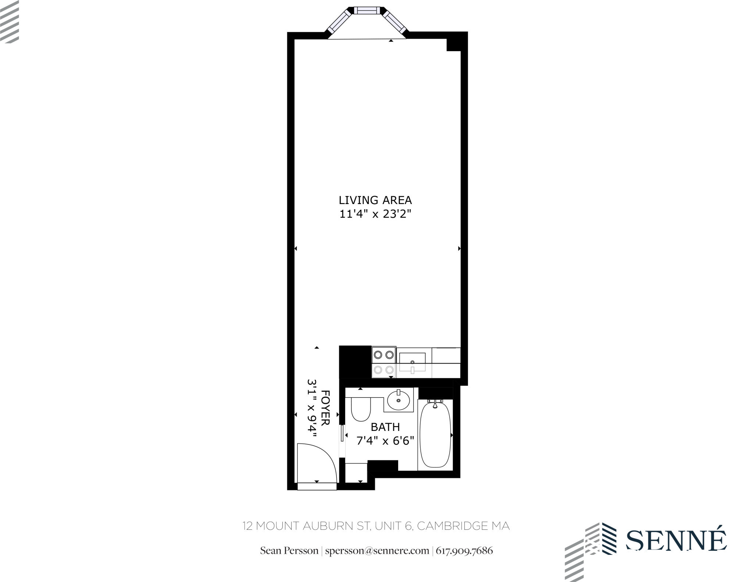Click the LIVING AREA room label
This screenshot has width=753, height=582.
tap(375, 200)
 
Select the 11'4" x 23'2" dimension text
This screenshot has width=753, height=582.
tap(375, 214)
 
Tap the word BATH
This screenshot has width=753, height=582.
tap(385, 427)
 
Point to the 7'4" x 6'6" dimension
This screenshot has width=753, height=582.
tap(385, 440)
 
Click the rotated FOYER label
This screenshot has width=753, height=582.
tap(325, 408)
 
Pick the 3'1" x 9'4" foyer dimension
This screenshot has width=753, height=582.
tap(312, 408)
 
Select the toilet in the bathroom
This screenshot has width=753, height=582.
tap(360, 410)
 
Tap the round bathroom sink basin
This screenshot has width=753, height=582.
tap(399, 400)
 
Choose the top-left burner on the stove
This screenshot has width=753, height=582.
tap(378, 355)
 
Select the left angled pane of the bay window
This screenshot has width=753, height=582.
tap(340, 21)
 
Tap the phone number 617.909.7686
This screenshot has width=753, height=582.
tap(464, 551)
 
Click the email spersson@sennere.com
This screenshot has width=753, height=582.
tap(377, 551)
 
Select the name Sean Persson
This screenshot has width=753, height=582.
tap(289, 551)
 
